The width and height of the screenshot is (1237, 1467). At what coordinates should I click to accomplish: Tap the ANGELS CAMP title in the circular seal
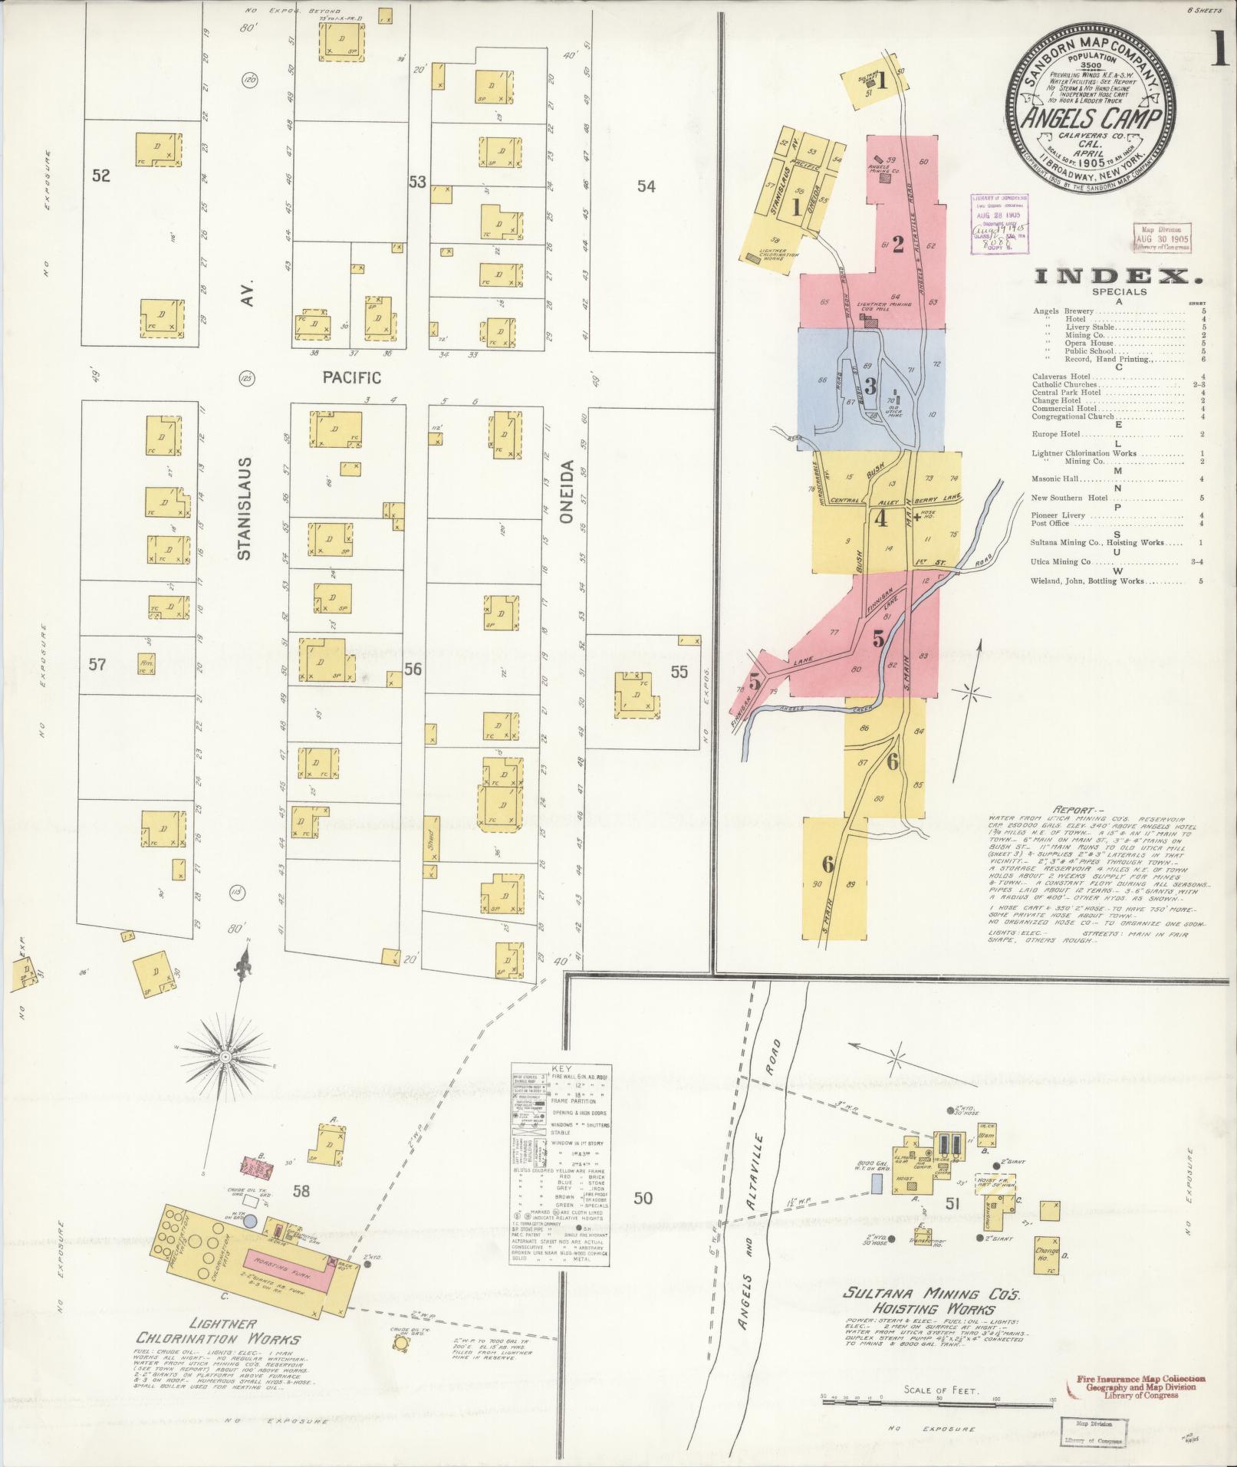tap(1092, 119)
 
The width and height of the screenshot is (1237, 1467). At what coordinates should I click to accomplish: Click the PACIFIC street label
tap(351, 377)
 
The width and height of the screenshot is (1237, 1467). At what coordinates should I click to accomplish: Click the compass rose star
tap(227, 1057)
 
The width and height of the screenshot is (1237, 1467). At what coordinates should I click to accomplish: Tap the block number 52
tap(101, 176)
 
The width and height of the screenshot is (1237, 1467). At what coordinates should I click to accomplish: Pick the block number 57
tap(97, 664)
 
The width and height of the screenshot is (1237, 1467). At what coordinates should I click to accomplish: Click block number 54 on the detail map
tap(646, 186)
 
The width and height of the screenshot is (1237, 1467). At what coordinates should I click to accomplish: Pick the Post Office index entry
tap(1050, 524)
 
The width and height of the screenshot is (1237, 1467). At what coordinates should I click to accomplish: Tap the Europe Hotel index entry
tap(1056, 434)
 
